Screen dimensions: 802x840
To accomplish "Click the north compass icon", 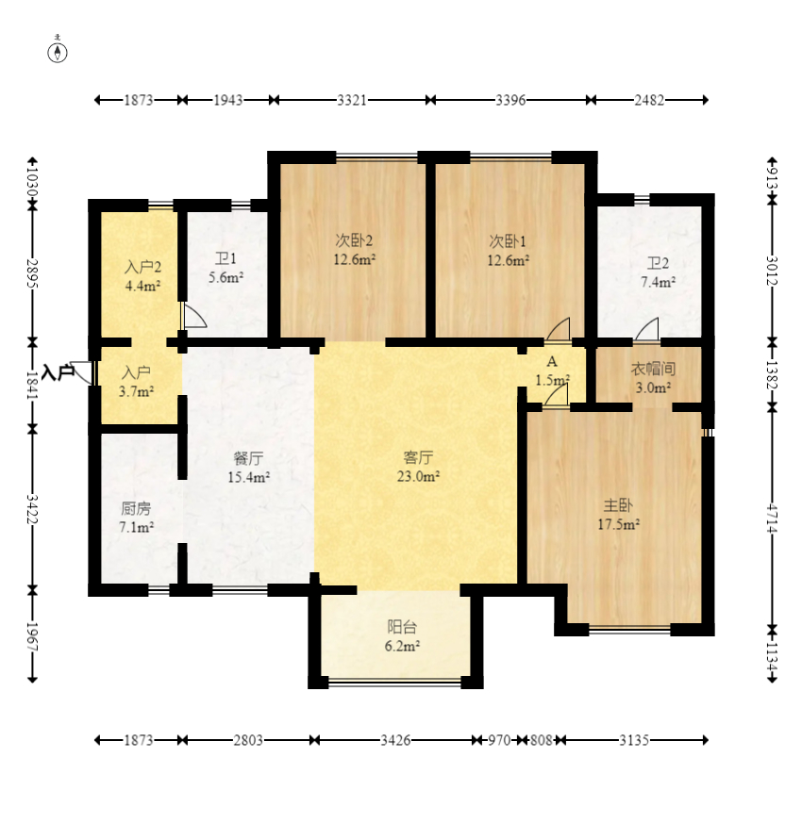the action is click(x=58, y=53).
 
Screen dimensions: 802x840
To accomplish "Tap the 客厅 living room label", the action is click(x=418, y=457).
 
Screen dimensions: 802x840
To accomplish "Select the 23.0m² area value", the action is click(x=418, y=476).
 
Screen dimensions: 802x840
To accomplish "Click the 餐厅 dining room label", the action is click(x=248, y=458).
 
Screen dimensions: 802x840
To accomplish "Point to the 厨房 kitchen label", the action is click(x=136, y=508).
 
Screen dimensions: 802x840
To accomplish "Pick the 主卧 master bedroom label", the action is click(x=618, y=505).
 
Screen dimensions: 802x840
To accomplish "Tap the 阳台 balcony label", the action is click(x=402, y=627).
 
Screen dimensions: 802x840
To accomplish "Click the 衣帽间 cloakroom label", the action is click(x=653, y=369).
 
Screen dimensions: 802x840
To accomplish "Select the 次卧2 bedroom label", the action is click(x=354, y=240).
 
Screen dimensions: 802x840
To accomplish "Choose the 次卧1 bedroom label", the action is click(x=508, y=241).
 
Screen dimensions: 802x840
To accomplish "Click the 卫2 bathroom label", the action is click(x=658, y=263).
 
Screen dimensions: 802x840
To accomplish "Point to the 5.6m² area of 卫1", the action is click(x=226, y=277).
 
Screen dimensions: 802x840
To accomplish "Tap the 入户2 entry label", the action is click(x=143, y=267).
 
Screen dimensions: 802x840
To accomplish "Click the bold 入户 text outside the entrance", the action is click(x=58, y=372).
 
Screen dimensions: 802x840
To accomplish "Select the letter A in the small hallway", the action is click(x=552, y=362).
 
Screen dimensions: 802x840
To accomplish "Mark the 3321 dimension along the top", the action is click(x=352, y=100).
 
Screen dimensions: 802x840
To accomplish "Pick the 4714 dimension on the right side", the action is click(x=772, y=519).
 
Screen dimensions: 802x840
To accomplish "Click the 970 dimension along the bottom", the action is click(x=499, y=740).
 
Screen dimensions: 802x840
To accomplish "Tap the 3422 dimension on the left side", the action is click(x=33, y=509).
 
